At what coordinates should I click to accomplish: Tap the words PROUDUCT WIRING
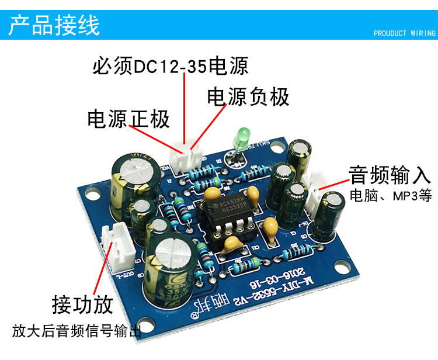[x=404, y=33]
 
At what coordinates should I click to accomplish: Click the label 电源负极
[x=248, y=97]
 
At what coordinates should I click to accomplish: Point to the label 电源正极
[x=128, y=119]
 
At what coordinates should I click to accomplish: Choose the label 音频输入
[x=389, y=174]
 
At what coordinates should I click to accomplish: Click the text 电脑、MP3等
[x=391, y=196]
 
